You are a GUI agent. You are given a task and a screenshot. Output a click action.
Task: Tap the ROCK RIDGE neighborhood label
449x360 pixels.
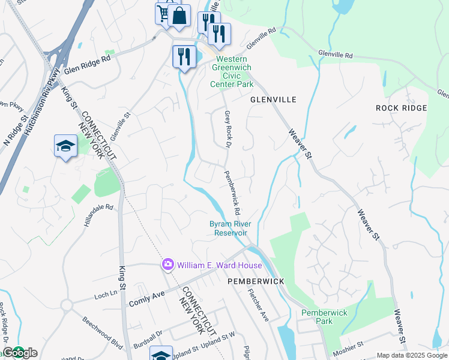point(402,108)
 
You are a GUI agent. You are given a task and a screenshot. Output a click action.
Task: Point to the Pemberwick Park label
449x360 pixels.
point(324,317)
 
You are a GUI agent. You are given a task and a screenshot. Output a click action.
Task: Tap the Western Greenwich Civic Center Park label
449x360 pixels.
point(232,72)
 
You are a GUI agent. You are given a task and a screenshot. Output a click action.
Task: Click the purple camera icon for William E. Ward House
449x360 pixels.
point(167,265)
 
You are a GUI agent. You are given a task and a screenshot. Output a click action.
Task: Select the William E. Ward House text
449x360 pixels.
point(219,265)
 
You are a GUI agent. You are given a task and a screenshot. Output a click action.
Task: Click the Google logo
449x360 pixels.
point(20,353)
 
